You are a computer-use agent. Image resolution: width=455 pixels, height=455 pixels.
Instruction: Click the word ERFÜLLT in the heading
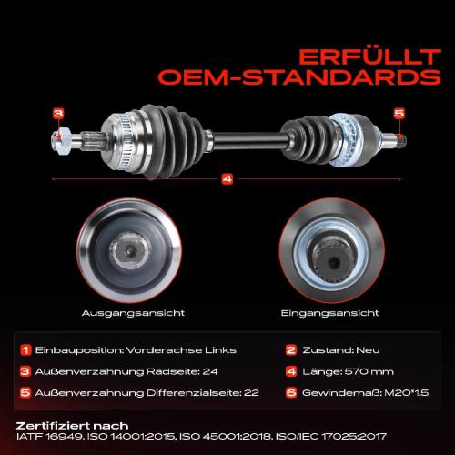pyautogui.click(x=369, y=57)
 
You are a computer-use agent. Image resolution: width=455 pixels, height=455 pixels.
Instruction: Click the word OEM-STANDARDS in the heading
pyautogui.click(x=299, y=77)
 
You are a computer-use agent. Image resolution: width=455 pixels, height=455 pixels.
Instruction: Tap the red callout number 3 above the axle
pyautogui.click(x=58, y=114)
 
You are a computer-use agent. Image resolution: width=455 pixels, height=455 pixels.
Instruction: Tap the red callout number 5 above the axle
pyautogui.click(x=399, y=114)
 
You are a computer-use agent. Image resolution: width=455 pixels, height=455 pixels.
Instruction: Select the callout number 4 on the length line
pyautogui.click(x=227, y=179)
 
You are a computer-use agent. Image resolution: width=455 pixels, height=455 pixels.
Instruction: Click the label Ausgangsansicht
pyautogui.click(x=133, y=313)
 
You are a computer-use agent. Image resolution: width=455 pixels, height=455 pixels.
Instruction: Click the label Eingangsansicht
pyautogui.click(x=329, y=313)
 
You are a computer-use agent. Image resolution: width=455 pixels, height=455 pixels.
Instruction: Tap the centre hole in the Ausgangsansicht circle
pyautogui.click(x=130, y=251)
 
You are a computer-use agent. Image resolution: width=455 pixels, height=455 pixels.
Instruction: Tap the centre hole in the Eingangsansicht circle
pyautogui.click(x=334, y=261)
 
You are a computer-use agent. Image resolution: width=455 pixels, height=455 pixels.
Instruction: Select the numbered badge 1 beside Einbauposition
pyautogui.click(x=25, y=350)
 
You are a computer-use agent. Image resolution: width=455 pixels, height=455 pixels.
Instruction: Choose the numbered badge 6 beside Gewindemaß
pyautogui.click(x=291, y=393)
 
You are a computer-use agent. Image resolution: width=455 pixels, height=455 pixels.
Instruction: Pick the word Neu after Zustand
pyautogui.click(x=368, y=350)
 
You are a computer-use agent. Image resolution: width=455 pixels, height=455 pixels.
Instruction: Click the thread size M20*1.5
pyautogui.click(x=407, y=393)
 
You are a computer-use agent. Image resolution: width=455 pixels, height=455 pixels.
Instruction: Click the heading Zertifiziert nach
pyautogui.click(x=72, y=426)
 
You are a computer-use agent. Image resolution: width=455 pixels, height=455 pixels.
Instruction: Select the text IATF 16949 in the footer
pyautogui.click(x=49, y=437)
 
